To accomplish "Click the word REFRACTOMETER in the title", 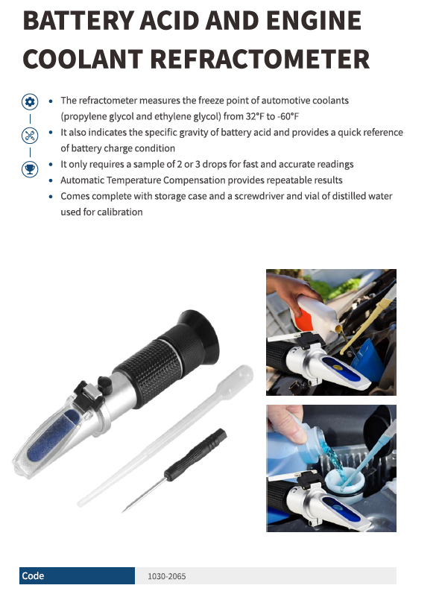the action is [260, 59].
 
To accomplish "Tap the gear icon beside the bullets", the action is [30, 102].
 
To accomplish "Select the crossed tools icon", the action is [30, 135].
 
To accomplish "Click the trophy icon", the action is [30, 168].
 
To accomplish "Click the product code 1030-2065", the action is [167, 576].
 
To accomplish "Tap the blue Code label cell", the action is [77, 575].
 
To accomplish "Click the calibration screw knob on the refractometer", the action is [104, 382].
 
